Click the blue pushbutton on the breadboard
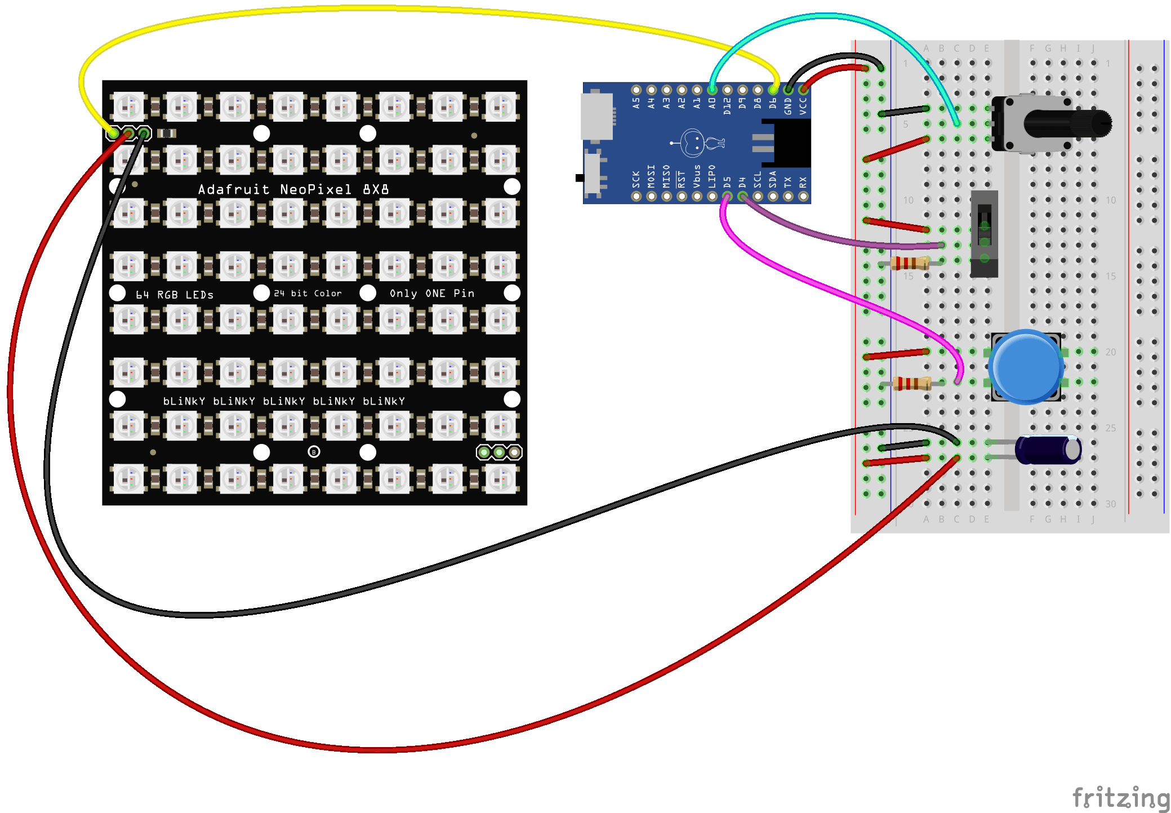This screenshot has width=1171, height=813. point(1026,367)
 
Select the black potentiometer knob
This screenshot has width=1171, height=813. point(1067,123)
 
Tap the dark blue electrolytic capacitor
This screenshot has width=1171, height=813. point(1048,450)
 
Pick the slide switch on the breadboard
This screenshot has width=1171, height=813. point(984,233)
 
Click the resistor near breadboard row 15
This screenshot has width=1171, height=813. point(910,263)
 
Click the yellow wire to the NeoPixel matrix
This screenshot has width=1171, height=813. point(394,10)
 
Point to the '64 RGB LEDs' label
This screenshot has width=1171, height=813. point(175,295)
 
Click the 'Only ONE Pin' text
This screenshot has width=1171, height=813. point(432,294)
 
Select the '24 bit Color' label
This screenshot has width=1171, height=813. point(308,294)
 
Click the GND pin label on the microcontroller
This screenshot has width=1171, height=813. point(788,106)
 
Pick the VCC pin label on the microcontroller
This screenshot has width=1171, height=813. point(803,106)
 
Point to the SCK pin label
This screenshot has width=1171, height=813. point(636,179)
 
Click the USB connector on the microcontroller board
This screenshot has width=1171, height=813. point(596,117)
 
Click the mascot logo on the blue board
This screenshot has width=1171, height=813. point(697,143)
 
